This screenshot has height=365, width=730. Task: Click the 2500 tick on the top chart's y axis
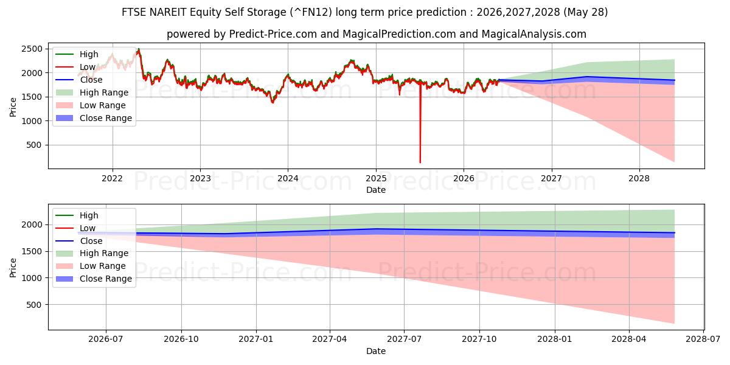pyautogui.click(x=32, y=49)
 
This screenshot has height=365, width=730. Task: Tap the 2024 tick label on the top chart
pyautogui.click(x=288, y=179)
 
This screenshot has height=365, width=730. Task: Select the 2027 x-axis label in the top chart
pyautogui.click(x=551, y=179)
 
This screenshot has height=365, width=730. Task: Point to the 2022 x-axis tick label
pyautogui.click(x=112, y=179)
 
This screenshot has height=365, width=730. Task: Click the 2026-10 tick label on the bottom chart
pyautogui.click(x=181, y=339)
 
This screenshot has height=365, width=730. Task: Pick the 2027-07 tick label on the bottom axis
pyautogui.click(x=404, y=339)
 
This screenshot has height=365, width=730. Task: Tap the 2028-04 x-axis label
pyautogui.click(x=629, y=339)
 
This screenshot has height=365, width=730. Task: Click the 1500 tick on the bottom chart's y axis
pyautogui.click(x=32, y=252)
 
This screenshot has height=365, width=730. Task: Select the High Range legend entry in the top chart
pyautogui.click(x=92, y=92)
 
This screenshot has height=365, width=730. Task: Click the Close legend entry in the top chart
pyautogui.click(x=79, y=80)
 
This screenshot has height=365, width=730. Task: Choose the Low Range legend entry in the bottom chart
pyautogui.click(x=91, y=266)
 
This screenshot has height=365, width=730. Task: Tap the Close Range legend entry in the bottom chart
pyautogui.click(x=94, y=279)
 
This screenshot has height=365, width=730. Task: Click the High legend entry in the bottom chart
pyautogui.click(x=77, y=215)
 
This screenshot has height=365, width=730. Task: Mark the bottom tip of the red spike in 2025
pyautogui.click(x=420, y=162)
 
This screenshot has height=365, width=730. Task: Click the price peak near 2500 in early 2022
pyautogui.click(x=139, y=49)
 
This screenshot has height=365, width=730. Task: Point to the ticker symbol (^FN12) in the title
pyautogui.click(x=311, y=12)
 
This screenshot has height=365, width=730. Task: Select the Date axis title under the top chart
pyautogui.click(x=376, y=190)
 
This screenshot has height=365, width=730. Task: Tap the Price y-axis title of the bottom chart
pyautogui.click(x=13, y=268)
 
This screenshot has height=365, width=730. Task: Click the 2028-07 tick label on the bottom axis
pyautogui.click(x=703, y=339)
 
